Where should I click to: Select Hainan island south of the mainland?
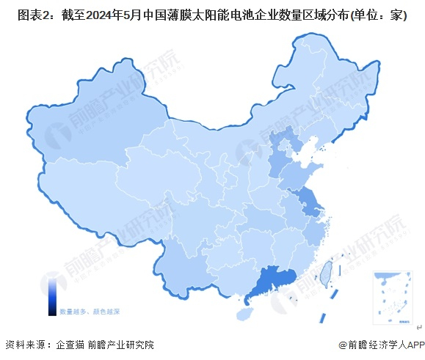[246, 314]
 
